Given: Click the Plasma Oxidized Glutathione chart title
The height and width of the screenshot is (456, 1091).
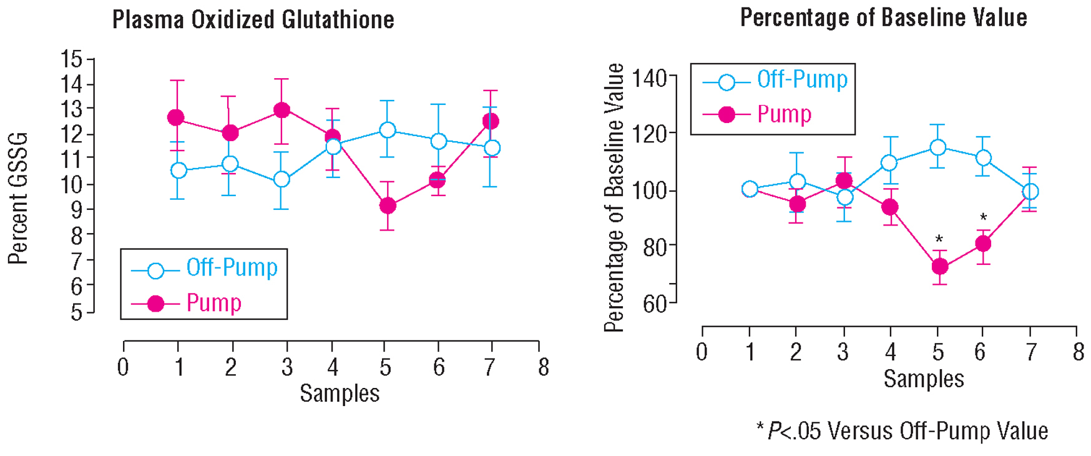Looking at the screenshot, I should point(253,20).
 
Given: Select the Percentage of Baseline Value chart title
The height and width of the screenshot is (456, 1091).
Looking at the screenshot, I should point(883,17).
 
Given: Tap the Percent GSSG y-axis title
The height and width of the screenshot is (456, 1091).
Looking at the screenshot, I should point(19,198).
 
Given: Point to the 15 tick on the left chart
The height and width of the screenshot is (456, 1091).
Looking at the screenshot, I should point(72,59).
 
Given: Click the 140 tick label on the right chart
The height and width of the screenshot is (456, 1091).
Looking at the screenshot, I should point(650,79).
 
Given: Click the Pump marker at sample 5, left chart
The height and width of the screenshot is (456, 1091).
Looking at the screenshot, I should point(387,206).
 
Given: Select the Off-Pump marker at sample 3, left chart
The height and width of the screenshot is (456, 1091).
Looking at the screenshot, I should point(281,179).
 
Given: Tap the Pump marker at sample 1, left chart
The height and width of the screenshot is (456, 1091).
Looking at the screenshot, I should point(176,117).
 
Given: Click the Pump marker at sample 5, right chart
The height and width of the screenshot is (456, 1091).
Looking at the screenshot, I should point(939,267).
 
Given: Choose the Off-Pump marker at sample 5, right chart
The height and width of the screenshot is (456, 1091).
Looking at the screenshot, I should point(937,147).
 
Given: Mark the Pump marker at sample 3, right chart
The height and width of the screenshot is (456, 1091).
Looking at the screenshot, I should point(844,181).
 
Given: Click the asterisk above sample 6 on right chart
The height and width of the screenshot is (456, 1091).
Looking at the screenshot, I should point(983,218).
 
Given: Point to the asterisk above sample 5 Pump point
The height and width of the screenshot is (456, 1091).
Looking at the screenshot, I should point(939,239).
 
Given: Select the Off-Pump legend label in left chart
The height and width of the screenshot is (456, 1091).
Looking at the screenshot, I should point(232,268).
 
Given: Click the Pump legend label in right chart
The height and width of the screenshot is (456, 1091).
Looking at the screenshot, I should point(784,114).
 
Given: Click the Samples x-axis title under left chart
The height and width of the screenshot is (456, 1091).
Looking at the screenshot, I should point(340,394).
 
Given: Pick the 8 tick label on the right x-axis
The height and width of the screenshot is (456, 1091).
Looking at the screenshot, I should point(1078,352).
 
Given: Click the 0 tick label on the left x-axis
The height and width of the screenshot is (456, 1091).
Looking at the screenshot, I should point(123,367).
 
